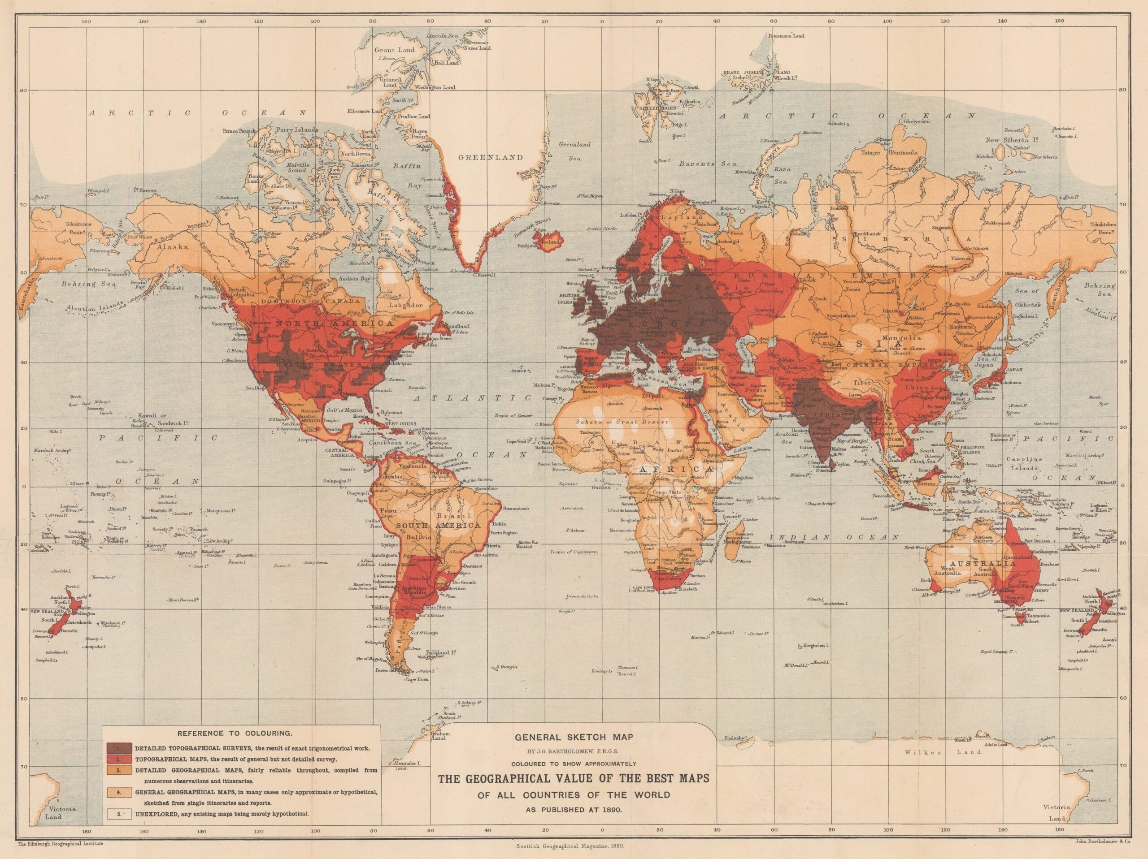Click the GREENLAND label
[x=490, y=157]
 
